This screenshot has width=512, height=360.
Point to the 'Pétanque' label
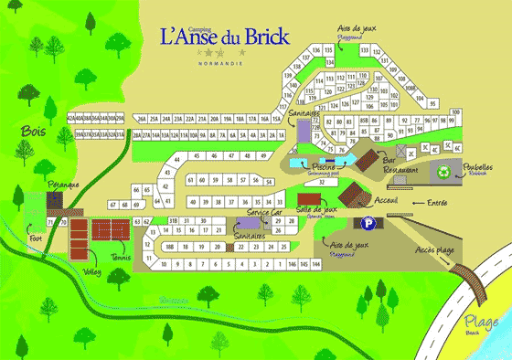click(x=63, y=185)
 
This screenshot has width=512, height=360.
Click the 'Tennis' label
click(x=121, y=258)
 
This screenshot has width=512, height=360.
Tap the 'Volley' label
click(x=90, y=270)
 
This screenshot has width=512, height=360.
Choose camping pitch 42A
click(x=71, y=118)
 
